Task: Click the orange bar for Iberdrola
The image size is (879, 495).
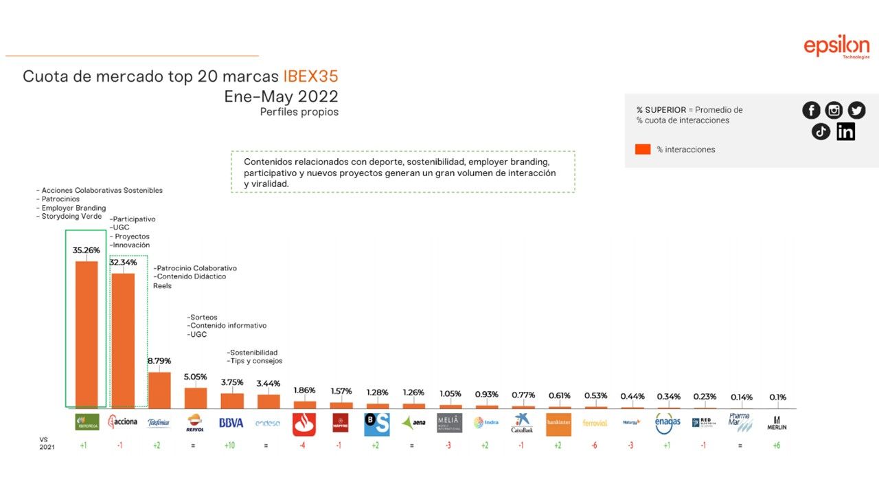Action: (x=86, y=335)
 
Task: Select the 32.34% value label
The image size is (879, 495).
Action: (x=124, y=262)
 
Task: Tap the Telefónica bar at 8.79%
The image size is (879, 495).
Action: (x=159, y=390)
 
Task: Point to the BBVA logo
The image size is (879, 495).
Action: (x=231, y=423)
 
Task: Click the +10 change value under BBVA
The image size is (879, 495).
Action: (x=231, y=445)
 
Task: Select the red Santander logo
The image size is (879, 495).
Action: (x=304, y=423)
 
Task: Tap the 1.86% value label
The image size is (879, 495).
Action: (x=304, y=390)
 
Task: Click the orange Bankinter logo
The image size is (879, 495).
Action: (x=558, y=423)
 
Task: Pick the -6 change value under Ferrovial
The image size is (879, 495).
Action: (x=595, y=445)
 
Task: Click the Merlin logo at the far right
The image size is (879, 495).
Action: (x=777, y=423)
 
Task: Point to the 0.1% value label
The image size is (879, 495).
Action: (x=777, y=397)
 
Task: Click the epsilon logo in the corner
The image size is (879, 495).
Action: (x=836, y=47)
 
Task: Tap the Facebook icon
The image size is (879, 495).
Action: (x=811, y=110)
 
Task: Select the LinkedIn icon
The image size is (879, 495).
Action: (x=845, y=131)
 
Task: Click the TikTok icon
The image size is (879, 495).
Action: (x=821, y=131)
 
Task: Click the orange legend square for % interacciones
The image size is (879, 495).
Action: (x=643, y=149)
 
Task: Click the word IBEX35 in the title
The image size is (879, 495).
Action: (x=310, y=76)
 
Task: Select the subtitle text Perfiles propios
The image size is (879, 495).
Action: (x=299, y=112)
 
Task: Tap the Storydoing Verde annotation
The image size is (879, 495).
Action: (x=71, y=216)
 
